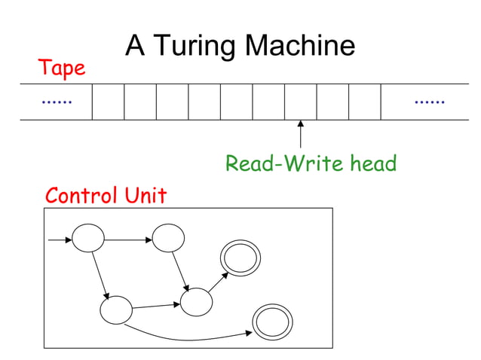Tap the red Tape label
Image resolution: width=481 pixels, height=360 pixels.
point(62,69)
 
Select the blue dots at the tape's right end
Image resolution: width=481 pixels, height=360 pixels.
point(430,101)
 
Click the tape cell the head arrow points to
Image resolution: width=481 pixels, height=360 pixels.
point(300,102)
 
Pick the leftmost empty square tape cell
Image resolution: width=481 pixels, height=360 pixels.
point(108,102)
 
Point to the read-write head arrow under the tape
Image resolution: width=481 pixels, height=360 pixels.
point(300,134)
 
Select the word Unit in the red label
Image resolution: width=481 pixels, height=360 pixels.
point(145,196)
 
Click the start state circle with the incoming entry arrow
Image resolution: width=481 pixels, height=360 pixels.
point(88,239)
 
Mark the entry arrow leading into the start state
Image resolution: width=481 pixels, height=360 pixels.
point(60,240)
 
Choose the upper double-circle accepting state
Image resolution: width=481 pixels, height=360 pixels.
point(240,259)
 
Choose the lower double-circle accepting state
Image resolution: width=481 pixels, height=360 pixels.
point(270,322)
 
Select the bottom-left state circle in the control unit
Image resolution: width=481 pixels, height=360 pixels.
point(116,310)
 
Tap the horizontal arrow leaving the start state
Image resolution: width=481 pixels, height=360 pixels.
point(127,240)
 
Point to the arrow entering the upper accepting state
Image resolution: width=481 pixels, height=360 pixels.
point(217,282)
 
